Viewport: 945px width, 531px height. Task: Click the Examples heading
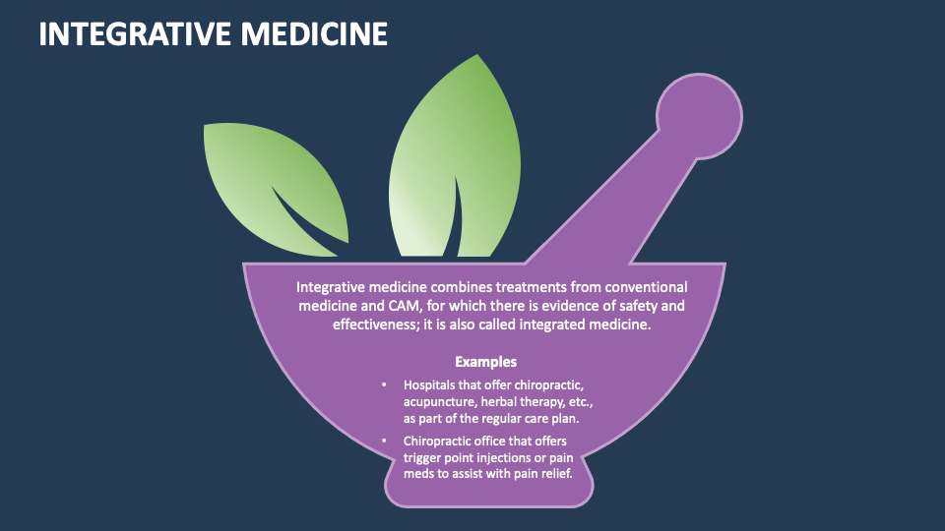(x=485, y=362)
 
